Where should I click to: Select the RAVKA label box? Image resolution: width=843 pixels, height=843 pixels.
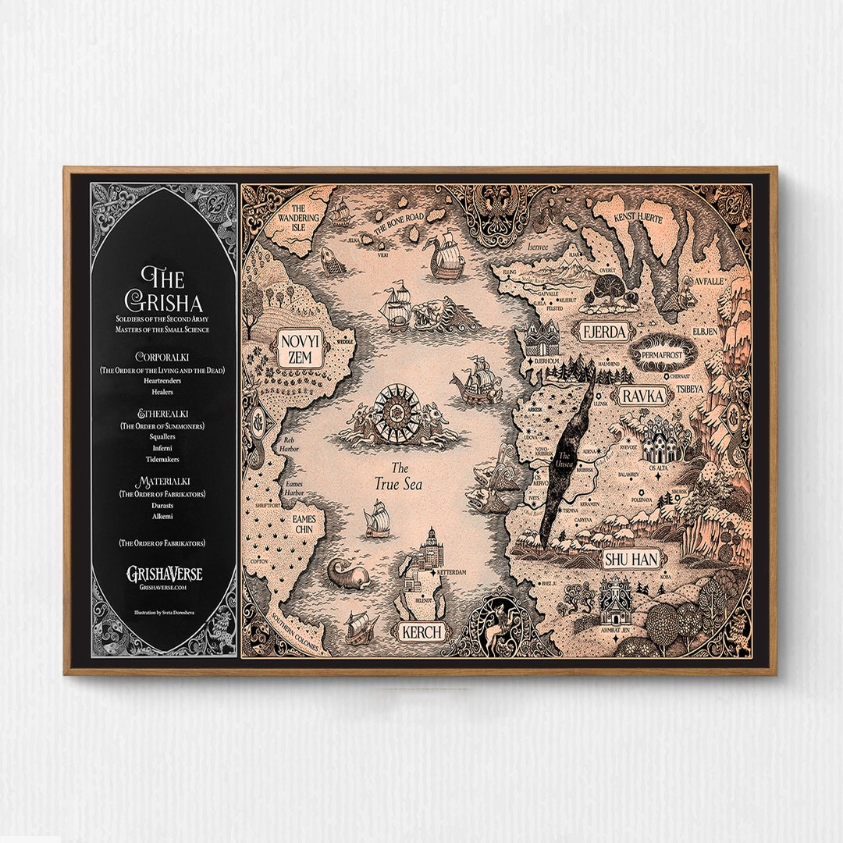[x=642, y=396]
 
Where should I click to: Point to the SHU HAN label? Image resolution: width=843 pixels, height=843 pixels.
[x=631, y=558]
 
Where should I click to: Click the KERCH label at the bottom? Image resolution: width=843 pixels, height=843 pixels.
[x=421, y=631]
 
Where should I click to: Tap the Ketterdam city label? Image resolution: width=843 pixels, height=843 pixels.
[x=451, y=573]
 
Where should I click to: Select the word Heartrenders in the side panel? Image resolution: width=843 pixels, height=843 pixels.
[x=163, y=381]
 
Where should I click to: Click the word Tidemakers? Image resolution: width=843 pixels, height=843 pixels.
[x=163, y=460]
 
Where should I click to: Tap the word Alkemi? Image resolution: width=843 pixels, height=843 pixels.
[x=163, y=517]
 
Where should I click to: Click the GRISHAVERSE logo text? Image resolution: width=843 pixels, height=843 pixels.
[x=164, y=574]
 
